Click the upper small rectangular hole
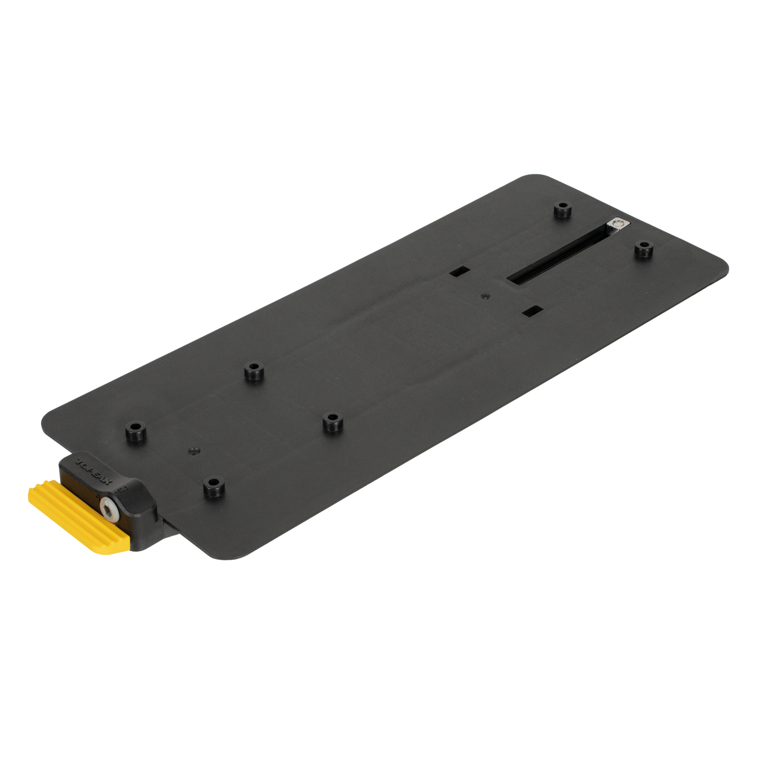[x=460, y=271]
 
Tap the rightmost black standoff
[x=643, y=248]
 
